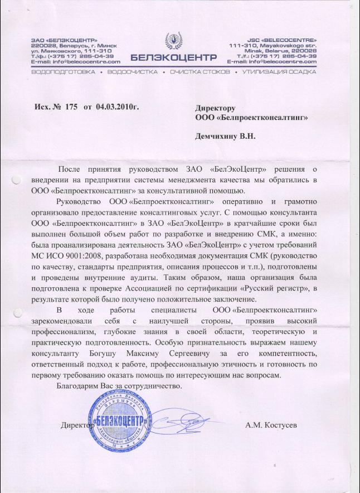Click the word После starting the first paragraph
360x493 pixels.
point(69,169)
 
